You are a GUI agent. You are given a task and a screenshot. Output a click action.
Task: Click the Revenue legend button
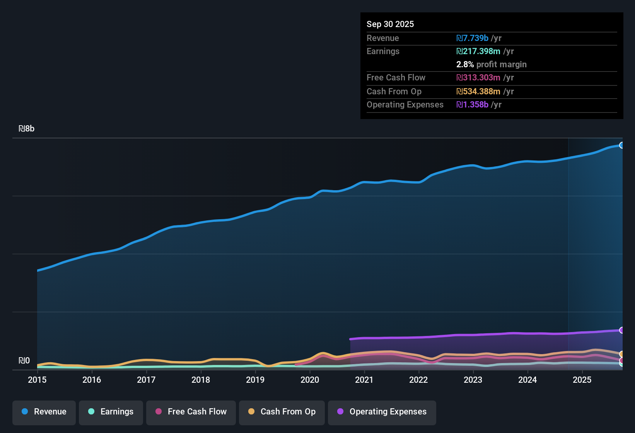[44, 412]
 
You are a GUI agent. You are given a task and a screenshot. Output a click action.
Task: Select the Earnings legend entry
[111, 412]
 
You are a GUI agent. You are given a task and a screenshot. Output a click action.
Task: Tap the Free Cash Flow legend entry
[191, 412]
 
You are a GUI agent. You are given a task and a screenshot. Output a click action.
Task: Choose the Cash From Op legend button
[282, 412]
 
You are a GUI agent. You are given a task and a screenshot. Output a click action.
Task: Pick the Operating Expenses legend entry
[382, 412]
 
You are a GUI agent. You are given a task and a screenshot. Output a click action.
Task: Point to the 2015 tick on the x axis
[37, 380]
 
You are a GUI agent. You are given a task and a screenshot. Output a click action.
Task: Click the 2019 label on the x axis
[255, 380]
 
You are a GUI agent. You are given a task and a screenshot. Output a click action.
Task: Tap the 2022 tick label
[418, 380]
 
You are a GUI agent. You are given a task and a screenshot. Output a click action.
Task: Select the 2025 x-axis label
[582, 380]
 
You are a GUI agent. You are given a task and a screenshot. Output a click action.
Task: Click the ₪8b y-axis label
[27, 129]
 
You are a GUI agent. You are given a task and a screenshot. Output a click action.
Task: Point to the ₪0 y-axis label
[24, 361]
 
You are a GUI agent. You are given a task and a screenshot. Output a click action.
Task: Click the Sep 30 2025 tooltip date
[390, 24]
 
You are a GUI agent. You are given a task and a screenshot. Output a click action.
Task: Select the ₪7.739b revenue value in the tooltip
[472, 38]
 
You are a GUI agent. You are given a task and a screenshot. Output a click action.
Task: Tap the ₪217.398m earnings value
[478, 51]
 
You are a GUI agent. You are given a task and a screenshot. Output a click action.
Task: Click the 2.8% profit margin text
[491, 65]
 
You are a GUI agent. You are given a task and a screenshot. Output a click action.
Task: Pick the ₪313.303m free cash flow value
[478, 78]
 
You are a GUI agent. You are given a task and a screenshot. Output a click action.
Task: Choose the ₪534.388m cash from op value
[478, 92]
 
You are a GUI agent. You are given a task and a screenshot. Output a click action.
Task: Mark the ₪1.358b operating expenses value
[472, 105]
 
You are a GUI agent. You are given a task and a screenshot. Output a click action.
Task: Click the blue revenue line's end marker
[622, 145]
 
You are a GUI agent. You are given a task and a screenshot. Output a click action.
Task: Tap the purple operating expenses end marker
[622, 330]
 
